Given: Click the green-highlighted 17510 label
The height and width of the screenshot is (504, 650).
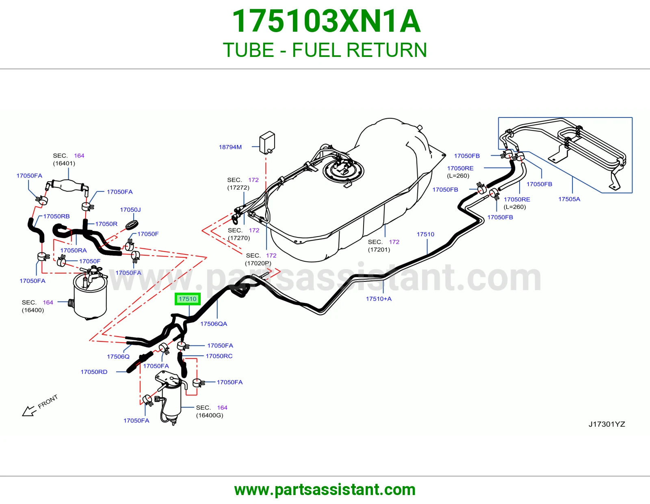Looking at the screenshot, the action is pyautogui.click(x=188, y=299).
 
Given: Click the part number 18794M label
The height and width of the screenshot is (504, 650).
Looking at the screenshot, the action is pyautogui.click(x=230, y=147).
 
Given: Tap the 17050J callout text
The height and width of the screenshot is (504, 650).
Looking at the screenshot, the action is pyautogui.click(x=130, y=209).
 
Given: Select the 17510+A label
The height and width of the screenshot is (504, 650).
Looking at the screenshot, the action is pyautogui.click(x=378, y=298).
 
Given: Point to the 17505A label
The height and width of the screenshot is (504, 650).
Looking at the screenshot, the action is pyautogui.click(x=569, y=199).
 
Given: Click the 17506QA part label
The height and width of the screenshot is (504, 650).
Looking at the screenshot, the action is pyautogui.click(x=214, y=324).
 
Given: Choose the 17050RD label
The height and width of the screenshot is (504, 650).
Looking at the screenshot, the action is pyautogui.click(x=94, y=372).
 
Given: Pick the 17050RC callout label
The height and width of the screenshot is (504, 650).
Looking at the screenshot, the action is pyautogui.click(x=219, y=356).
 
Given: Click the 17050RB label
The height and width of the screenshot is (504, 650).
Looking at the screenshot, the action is pyautogui.click(x=56, y=216).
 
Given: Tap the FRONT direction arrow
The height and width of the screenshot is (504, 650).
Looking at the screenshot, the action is pyautogui.click(x=29, y=411).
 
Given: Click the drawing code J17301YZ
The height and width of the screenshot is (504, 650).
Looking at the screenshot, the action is pyautogui.click(x=607, y=424).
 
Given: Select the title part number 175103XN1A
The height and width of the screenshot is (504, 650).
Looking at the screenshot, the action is pyautogui.click(x=326, y=21).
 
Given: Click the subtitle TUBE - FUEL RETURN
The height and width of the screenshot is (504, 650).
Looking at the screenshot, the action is pyautogui.click(x=325, y=50).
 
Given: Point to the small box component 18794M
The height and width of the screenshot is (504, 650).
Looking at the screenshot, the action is pyautogui.click(x=267, y=143).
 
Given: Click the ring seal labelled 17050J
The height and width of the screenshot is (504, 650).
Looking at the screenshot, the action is pyautogui.click(x=132, y=224).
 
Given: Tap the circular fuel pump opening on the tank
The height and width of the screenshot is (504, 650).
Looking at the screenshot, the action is pyautogui.click(x=343, y=171).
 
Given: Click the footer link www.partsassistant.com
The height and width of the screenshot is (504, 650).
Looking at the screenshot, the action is pyautogui.click(x=325, y=489).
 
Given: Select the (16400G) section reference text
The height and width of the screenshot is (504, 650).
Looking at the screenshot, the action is pyautogui.click(x=209, y=415).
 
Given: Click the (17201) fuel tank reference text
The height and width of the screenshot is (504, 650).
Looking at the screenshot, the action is pyautogui.click(x=379, y=249).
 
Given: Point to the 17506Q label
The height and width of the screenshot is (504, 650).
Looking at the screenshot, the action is pyautogui.click(x=118, y=356).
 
